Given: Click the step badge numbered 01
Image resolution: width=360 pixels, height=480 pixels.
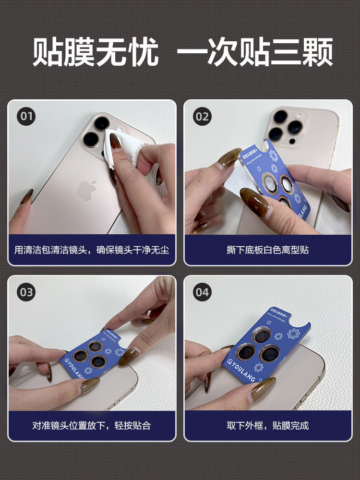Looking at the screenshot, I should pyautogui.click(x=26, y=116).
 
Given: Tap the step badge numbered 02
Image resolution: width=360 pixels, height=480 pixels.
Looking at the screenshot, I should pyautogui.click(x=202, y=116).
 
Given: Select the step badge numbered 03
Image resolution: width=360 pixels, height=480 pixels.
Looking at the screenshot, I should pyautogui.click(x=26, y=292).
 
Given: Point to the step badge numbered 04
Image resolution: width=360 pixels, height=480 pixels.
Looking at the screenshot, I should pyautogui.click(x=202, y=292).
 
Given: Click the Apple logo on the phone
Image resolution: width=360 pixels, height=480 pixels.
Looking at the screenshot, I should pyautogui.click(x=87, y=191).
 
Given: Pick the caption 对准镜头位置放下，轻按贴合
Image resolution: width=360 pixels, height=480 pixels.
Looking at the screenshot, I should pyautogui.click(x=92, y=425).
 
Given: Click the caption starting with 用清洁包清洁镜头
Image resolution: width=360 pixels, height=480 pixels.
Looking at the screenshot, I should pyautogui.click(x=92, y=250).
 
